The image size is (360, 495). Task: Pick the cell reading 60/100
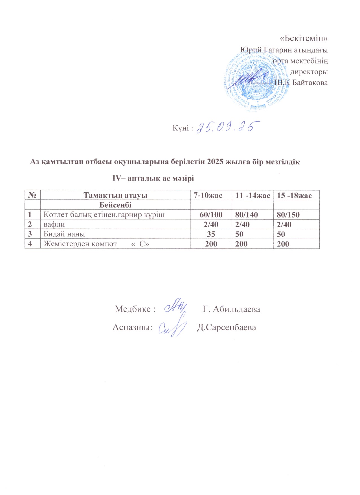(211, 215)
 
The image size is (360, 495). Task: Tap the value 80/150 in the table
(288, 215)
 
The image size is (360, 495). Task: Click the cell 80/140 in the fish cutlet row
(247, 215)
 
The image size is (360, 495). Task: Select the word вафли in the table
(54, 225)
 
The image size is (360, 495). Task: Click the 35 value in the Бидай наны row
(211, 234)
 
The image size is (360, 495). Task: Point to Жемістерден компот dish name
(80, 244)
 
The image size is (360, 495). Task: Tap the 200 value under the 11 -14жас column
(241, 244)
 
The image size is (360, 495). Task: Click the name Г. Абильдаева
(231, 309)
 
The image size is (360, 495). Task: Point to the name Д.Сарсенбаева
(227, 327)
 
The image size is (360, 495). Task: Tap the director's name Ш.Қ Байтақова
(301, 83)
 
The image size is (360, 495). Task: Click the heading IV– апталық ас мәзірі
(153, 178)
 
